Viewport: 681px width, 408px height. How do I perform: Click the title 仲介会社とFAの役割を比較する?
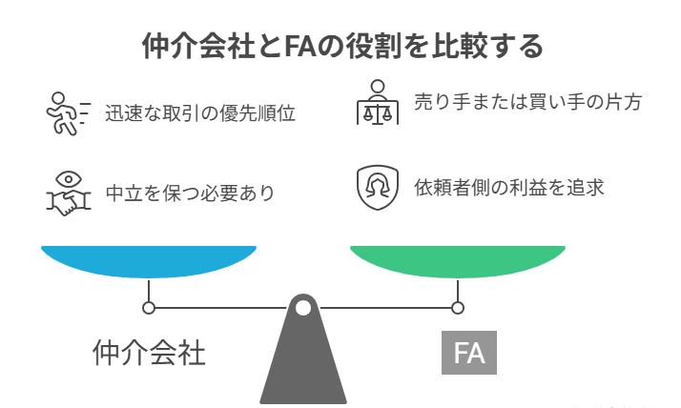pos(341,45)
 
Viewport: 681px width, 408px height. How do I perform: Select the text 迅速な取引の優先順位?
pos(199,113)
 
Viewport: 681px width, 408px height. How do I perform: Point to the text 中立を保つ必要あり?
pos(190,194)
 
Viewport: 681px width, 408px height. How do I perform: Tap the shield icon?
pos(378,188)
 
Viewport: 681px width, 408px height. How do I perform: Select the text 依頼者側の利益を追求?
pos(508,188)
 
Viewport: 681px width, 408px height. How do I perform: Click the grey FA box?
pos(469,353)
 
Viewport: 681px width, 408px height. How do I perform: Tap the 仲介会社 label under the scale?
pos(149,353)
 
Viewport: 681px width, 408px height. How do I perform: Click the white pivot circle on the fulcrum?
pos(303,308)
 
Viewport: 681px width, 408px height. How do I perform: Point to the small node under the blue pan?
pos(149,308)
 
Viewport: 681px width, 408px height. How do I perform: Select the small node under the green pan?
pos(458,308)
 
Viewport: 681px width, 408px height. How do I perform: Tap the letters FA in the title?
pos(299,45)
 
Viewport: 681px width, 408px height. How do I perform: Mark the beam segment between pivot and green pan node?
pos(382,308)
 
